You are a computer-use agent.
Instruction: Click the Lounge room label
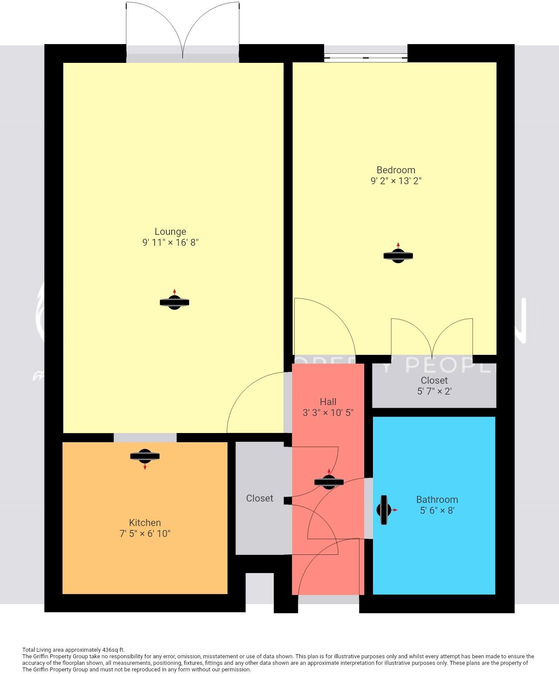click(170, 232)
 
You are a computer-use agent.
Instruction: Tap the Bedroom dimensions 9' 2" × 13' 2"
click(396, 181)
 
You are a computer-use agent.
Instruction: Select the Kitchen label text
click(145, 523)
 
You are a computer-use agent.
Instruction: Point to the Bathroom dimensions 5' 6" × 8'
click(437, 510)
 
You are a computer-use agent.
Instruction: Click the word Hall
click(328, 402)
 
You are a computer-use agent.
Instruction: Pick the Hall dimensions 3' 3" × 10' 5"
click(328, 413)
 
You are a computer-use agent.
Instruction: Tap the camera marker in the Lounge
click(174, 302)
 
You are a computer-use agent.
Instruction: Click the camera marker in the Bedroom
click(398, 256)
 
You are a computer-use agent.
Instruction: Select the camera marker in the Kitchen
click(145, 457)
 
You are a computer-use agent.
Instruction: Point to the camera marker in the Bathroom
click(384, 510)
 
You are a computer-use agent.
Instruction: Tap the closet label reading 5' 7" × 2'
click(434, 392)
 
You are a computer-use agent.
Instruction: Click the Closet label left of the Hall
click(259, 498)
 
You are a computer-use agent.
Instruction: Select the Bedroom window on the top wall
click(366, 57)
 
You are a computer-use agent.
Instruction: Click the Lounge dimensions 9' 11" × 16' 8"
click(170, 243)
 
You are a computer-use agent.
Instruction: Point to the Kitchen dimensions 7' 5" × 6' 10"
click(145, 533)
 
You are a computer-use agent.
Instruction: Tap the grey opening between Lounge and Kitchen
click(145, 437)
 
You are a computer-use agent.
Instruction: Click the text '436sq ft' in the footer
click(113, 650)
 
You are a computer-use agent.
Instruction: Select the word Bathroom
click(437, 499)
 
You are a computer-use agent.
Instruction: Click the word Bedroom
click(396, 170)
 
